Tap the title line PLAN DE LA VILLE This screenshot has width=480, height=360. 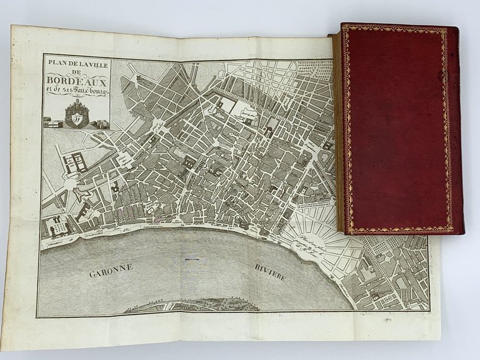coord(76,61)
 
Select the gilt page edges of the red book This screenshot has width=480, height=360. coord(338,131)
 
